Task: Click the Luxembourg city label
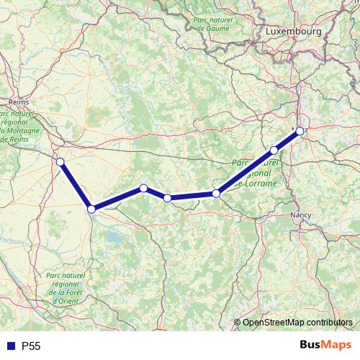pos(292,32)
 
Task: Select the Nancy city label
pos(300,215)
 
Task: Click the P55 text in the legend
pos(32,346)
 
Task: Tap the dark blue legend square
pos(11,346)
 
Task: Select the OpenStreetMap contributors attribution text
pos(297,323)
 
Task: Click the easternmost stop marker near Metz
pos(300,130)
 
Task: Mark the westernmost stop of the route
pos(60,161)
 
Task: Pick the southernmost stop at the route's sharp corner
pos(91,209)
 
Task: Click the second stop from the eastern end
pos(274,150)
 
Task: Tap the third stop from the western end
pos(143,188)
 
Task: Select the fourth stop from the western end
pos(167,197)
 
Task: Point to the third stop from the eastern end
pos(216,193)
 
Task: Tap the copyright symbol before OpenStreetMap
pos(237,323)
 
